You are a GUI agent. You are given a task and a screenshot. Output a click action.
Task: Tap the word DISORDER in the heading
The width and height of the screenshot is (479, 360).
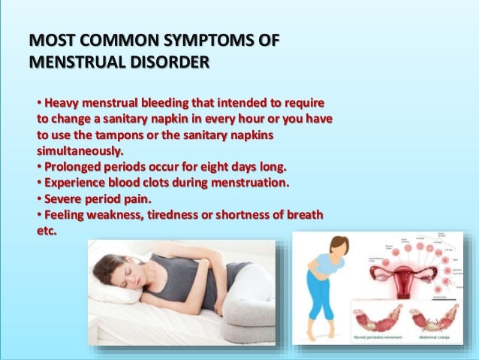[x=160, y=60]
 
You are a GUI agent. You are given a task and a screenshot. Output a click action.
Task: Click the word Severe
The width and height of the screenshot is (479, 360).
[x=64, y=199]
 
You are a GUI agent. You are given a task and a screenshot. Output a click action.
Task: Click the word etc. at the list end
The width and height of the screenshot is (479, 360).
[x=47, y=231]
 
